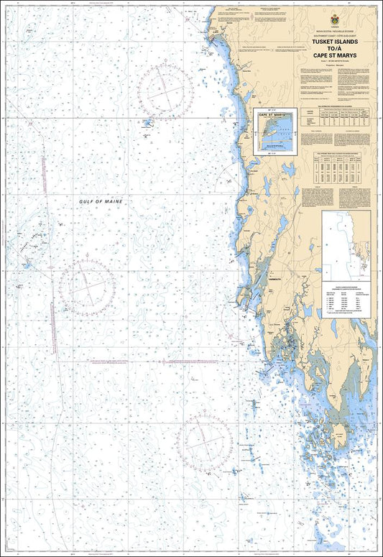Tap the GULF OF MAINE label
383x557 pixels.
101,203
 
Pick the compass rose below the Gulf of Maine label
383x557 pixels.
87,287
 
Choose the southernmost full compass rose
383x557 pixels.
205,443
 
